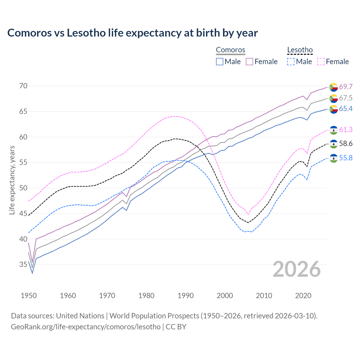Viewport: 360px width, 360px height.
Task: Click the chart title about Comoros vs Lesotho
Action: tap(132, 33)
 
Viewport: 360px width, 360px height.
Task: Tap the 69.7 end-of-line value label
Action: tap(346, 87)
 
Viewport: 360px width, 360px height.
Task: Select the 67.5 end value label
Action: tap(346, 98)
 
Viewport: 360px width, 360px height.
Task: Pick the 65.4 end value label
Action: tap(346, 109)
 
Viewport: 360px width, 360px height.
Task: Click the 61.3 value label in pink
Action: tap(346, 130)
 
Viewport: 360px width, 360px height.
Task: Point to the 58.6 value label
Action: tap(346, 144)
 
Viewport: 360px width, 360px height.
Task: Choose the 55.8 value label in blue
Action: tap(346, 158)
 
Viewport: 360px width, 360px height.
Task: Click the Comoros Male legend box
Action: tap(220, 62)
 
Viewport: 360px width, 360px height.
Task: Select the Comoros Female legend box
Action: tap(249, 62)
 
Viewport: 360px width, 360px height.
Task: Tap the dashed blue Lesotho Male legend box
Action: tap(291, 62)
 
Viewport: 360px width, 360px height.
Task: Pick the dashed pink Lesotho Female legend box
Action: tap(321, 62)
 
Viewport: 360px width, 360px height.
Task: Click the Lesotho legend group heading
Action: tap(300, 50)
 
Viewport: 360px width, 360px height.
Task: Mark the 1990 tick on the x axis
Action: tap(186, 296)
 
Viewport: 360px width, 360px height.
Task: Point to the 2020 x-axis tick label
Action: tap(303, 296)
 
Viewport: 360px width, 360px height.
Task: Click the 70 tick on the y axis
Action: tap(23, 86)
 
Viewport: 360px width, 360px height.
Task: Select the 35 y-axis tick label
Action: tap(23, 264)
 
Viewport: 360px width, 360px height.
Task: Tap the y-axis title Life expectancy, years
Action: tap(12, 180)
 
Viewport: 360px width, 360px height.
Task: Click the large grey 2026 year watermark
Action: tap(297, 269)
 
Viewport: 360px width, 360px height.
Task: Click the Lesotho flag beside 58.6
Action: tap(334, 144)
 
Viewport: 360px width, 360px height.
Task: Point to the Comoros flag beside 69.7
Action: tap(334, 87)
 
